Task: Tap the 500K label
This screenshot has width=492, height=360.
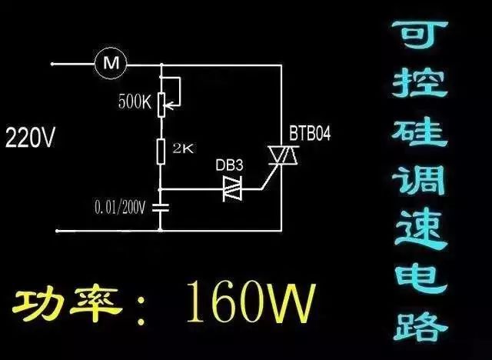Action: click(x=135, y=101)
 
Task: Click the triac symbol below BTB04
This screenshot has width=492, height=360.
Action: click(x=284, y=157)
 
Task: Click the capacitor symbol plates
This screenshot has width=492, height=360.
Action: click(x=161, y=206)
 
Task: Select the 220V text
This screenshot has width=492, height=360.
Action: click(x=30, y=138)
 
